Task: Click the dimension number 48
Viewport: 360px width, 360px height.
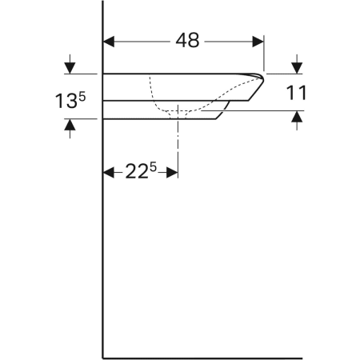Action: tap(187, 41)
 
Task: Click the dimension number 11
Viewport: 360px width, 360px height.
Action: tap(296, 93)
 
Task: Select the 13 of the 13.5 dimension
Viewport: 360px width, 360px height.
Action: tap(66, 101)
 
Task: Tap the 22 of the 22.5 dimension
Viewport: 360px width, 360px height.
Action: tap(137, 171)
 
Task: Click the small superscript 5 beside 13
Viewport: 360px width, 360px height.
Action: tap(82, 97)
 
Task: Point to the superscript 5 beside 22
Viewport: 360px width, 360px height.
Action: tap(153, 167)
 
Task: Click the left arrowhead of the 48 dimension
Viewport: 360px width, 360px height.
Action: tap(109, 42)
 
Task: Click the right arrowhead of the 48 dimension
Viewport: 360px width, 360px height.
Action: tap(258, 42)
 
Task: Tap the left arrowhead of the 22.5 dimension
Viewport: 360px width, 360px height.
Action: tap(109, 173)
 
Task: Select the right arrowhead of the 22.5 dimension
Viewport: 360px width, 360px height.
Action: tap(172, 173)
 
